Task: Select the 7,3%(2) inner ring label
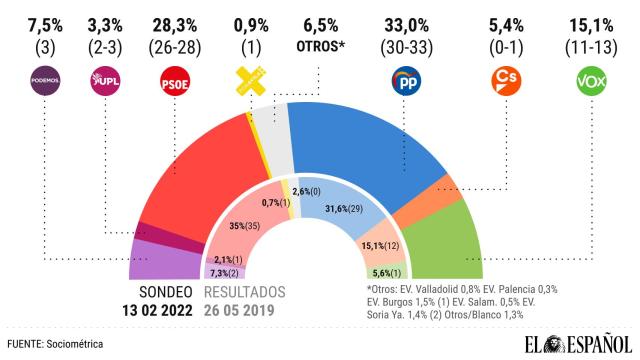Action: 225,272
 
